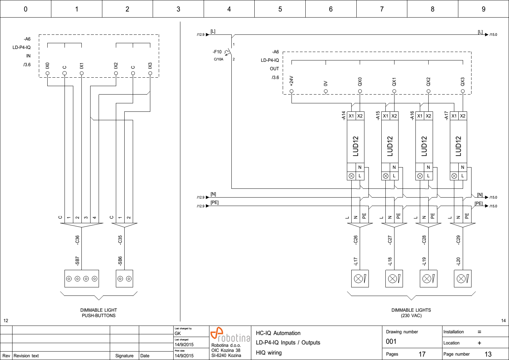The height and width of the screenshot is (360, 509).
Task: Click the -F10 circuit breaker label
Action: [x=217, y=52]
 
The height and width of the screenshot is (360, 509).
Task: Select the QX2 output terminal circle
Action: [x=428, y=91]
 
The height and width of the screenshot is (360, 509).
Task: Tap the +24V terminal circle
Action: [x=291, y=91]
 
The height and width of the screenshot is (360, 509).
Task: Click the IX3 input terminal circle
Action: [x=150, y=73]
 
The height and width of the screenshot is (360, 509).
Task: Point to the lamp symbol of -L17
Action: [x=358, y=279]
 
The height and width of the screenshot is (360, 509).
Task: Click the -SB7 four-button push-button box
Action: [x=82, y=279]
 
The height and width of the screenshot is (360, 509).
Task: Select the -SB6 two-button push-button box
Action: [x=124, y=279]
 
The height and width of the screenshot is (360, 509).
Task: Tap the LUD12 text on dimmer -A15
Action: [x=390, y=146]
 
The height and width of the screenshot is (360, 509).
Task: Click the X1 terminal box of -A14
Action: [x=351, y=116]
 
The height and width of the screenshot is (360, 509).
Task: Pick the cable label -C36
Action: [x=77, y=240]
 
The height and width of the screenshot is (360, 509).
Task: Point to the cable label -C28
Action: [x=424, y=240]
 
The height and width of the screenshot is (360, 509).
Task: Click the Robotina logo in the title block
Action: [x=230, y=335]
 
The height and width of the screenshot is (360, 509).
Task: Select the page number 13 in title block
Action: [x=488, y=354]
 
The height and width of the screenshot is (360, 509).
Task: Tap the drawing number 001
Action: [x=391, y=341]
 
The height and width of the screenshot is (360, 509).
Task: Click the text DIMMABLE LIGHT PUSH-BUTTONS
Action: [x=99, y=313]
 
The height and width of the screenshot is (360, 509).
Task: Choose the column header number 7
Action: [x=382, y=9]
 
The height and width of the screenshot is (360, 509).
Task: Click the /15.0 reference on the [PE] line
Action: [x=493, y=206]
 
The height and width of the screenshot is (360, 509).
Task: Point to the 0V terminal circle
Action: [x=326, y=91]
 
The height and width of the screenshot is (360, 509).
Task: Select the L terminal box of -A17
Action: [x=463, y=176]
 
